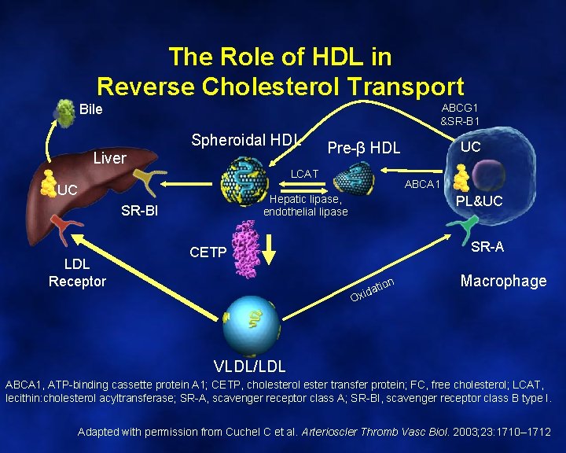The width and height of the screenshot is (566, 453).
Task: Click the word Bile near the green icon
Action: click(x=91, y=109)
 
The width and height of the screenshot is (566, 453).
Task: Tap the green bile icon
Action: click(x=64, y=113)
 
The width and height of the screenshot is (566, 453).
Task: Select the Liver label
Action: click(x=109, y=158)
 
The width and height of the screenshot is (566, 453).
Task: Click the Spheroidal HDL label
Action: click(x=247, y=141)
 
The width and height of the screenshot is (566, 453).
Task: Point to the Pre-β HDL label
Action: click(x=363, y=148)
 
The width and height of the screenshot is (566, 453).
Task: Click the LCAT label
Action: click(x=305, y=173)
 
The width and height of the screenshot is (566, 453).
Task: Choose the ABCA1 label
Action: click(x=422, y=184)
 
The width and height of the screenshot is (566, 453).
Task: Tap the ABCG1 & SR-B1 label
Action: click(x=460, y=114)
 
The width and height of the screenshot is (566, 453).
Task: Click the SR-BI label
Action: click(x=139, y=210)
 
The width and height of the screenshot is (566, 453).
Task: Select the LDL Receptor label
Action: click(x=77, y=273)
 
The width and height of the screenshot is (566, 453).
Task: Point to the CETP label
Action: click(x=208, y=252)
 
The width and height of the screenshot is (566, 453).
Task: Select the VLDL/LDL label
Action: click(x=250, y=366)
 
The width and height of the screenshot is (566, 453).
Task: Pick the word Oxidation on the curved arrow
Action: click(x=372, y=289)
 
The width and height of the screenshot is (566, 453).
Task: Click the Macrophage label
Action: click(x=503, y=281)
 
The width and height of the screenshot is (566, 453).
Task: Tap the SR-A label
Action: click(x=487, y=247)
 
